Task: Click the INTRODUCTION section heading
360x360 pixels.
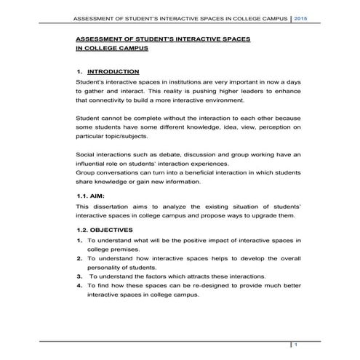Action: pos(113,72)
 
